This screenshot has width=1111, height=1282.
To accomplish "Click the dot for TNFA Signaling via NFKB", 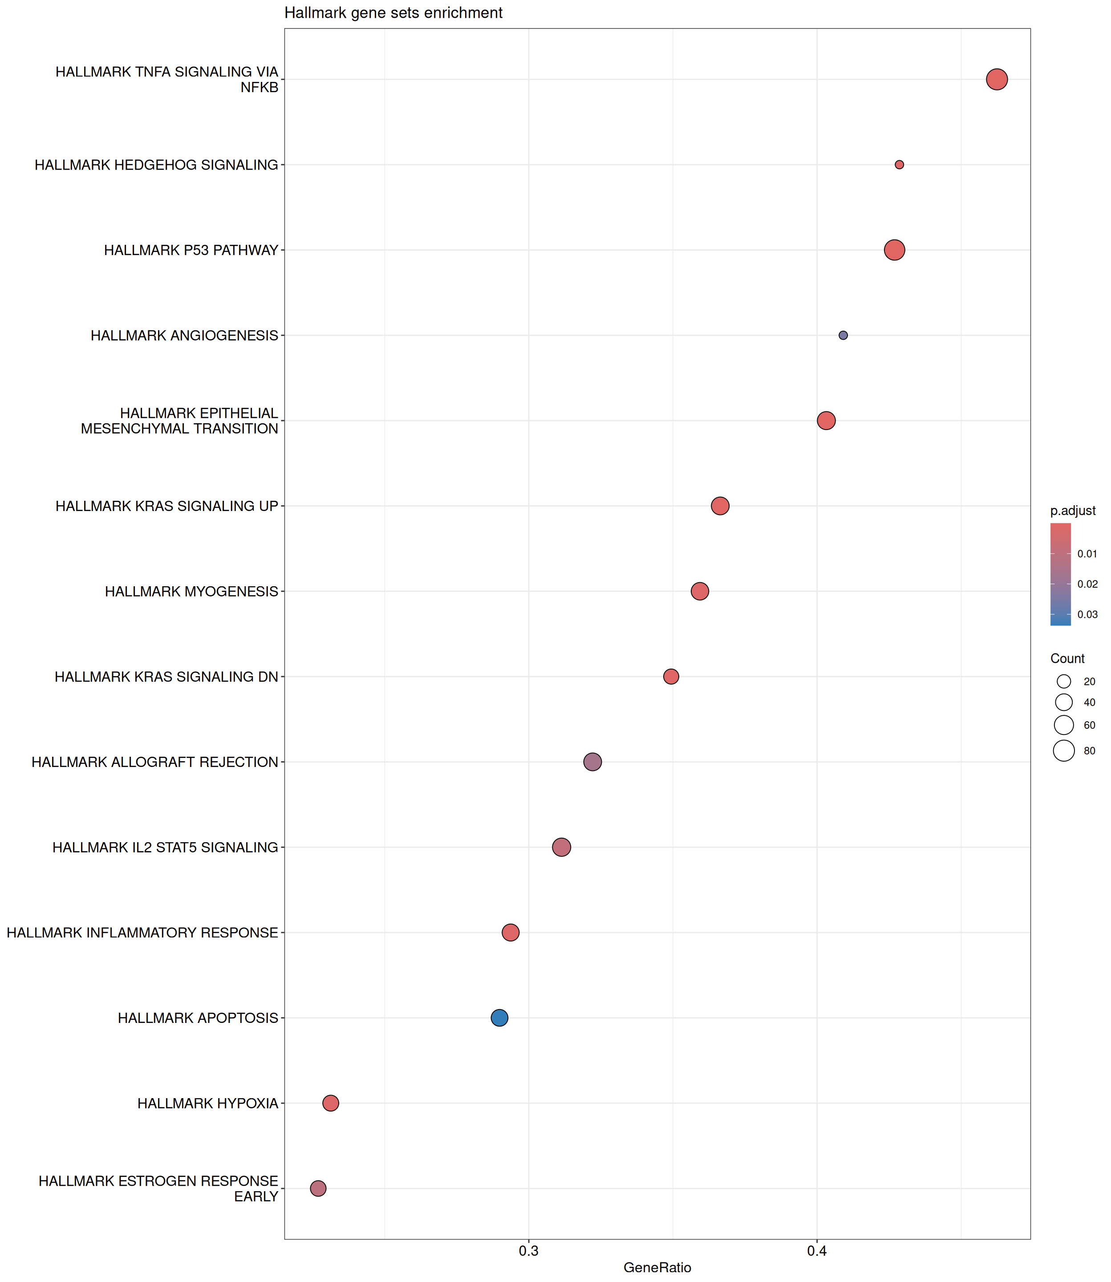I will [996, 79].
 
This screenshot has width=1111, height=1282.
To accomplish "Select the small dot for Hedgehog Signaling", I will [899, 165].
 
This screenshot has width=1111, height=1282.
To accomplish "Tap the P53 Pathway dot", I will [894, 250].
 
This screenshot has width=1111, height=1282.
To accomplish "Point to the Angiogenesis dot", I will [843, 335].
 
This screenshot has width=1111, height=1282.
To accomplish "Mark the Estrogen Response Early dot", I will [318, 1189].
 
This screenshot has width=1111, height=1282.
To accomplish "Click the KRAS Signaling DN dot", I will [671, 676].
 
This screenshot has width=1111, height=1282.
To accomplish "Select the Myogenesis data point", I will [699, 592].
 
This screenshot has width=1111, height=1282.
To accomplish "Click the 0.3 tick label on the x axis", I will [528, 1251].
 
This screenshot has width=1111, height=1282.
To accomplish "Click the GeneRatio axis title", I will [657, 1268].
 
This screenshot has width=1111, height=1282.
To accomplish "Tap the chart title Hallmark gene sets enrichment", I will [393, 13].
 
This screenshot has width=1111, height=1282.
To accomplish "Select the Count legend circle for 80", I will [1064, 751].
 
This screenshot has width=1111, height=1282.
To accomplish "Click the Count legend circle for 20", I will [1064, 682].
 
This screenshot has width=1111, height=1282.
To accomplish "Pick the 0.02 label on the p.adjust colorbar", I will [1087, 584].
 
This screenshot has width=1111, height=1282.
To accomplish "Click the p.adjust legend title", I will [1073, 511].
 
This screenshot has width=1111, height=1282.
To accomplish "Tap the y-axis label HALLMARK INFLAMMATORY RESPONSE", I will [142, 933].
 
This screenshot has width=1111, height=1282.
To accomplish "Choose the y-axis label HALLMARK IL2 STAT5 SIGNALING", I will [165, 848].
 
